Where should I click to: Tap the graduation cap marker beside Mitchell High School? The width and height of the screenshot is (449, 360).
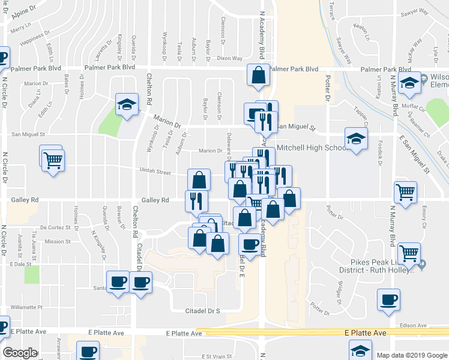(x=356, y=139)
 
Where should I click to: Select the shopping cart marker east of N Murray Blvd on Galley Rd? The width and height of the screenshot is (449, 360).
(x=406, y=192)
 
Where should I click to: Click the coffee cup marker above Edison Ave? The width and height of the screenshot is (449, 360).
(x=388, y=299)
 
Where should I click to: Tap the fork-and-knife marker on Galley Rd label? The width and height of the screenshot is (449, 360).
(x=196, y=200)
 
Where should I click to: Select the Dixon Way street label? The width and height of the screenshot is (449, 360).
(x=229, y=59)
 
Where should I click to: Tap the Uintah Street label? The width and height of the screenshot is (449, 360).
(x=155, y=172)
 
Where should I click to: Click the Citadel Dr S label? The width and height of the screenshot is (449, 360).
(x=202, y=310)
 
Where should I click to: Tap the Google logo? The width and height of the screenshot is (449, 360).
(x=20, y=352)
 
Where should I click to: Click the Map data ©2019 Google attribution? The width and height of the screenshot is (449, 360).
(x=411, y=355)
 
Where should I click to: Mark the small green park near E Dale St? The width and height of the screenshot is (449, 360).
(x=32, y=274)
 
